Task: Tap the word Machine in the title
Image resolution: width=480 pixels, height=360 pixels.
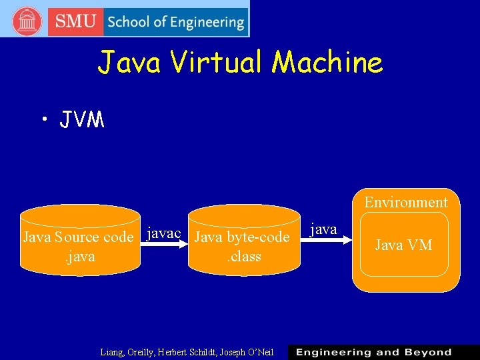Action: (x=328, y=63)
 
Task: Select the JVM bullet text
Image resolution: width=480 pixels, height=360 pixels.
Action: (x=81, y=120)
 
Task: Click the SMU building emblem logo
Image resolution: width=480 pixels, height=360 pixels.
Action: (x=27, y=21)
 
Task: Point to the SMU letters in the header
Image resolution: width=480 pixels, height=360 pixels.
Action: (x=75, y=21)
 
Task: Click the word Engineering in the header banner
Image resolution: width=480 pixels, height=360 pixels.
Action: (x=207, y=22)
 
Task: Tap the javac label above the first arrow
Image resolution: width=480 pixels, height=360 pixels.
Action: (x=163, y=233)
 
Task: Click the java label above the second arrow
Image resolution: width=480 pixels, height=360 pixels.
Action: (x=324, y=229)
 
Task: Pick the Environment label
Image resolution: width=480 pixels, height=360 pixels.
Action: (x=406, y=202)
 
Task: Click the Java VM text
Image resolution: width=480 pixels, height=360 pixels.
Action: (x=403, y=245)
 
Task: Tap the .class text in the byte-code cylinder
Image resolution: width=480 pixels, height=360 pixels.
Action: (x=244, y=256)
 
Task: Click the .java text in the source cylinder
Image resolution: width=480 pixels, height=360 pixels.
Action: (x=80, y=256)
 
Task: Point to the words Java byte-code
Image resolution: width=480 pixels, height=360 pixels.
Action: (x=241, y=237)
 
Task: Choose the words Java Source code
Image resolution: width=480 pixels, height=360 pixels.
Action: (x=78, y=237)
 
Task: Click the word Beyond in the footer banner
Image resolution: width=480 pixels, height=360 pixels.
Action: (x=422, y=352)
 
